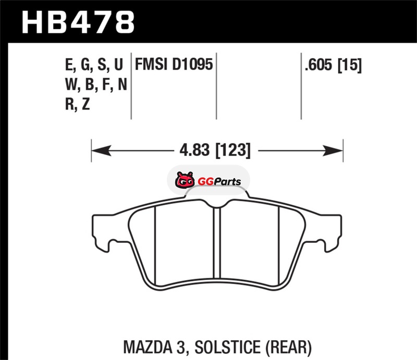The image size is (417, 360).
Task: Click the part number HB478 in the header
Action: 78,22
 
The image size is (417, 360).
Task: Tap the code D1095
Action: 192,65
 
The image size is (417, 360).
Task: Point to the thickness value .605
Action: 318,65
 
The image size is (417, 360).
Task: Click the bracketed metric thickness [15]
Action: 349,65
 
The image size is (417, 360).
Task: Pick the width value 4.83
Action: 194,150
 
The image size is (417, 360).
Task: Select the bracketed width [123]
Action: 232,151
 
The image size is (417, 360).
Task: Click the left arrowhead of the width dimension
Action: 101,151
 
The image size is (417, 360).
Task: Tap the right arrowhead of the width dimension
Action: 333,151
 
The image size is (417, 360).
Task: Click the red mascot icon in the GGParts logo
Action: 185,180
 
